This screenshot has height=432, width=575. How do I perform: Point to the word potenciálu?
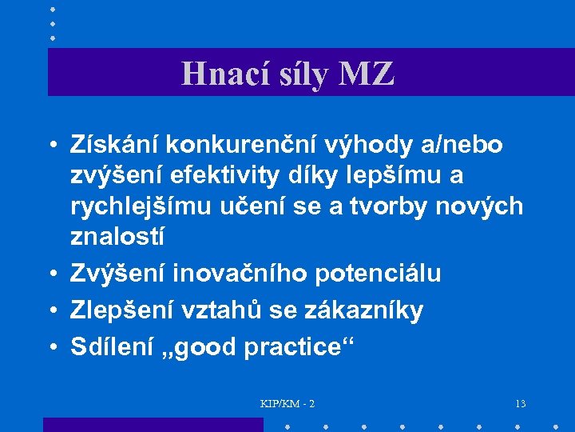click(x=379, y=273)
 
